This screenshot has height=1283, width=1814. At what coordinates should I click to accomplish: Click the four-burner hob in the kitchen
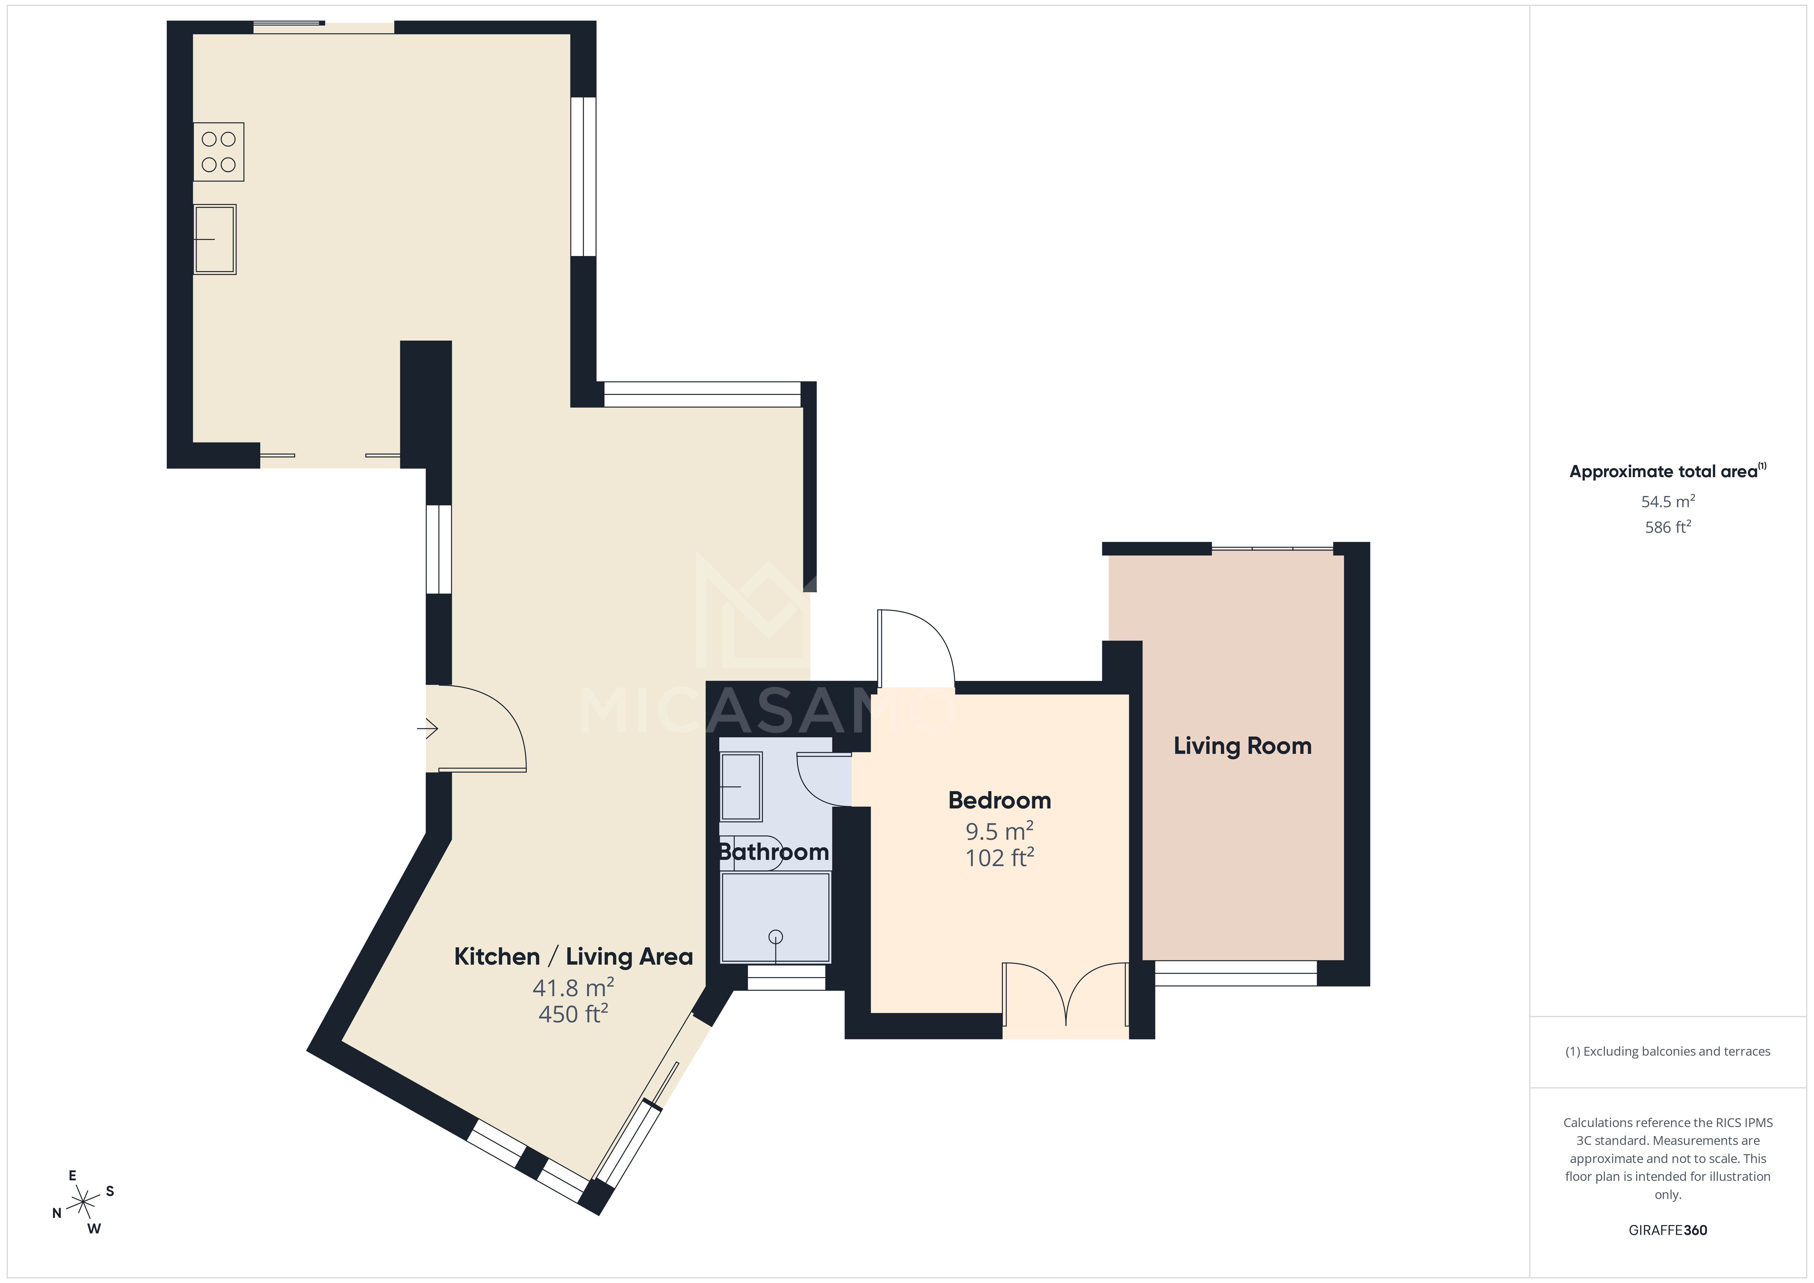pos(219,152)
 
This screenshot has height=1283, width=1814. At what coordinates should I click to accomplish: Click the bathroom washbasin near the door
pos(741,786)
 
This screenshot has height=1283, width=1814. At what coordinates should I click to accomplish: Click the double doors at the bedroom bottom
pos(1065,996)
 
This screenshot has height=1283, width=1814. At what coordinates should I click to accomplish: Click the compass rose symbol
pos(83,1202)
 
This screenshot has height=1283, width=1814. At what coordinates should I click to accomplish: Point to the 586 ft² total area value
pos(1667,527)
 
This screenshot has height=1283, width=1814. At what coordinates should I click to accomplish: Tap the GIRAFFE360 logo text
pos(1667,1230)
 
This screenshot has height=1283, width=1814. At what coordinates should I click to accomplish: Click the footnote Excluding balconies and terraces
pos(1667,1051)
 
